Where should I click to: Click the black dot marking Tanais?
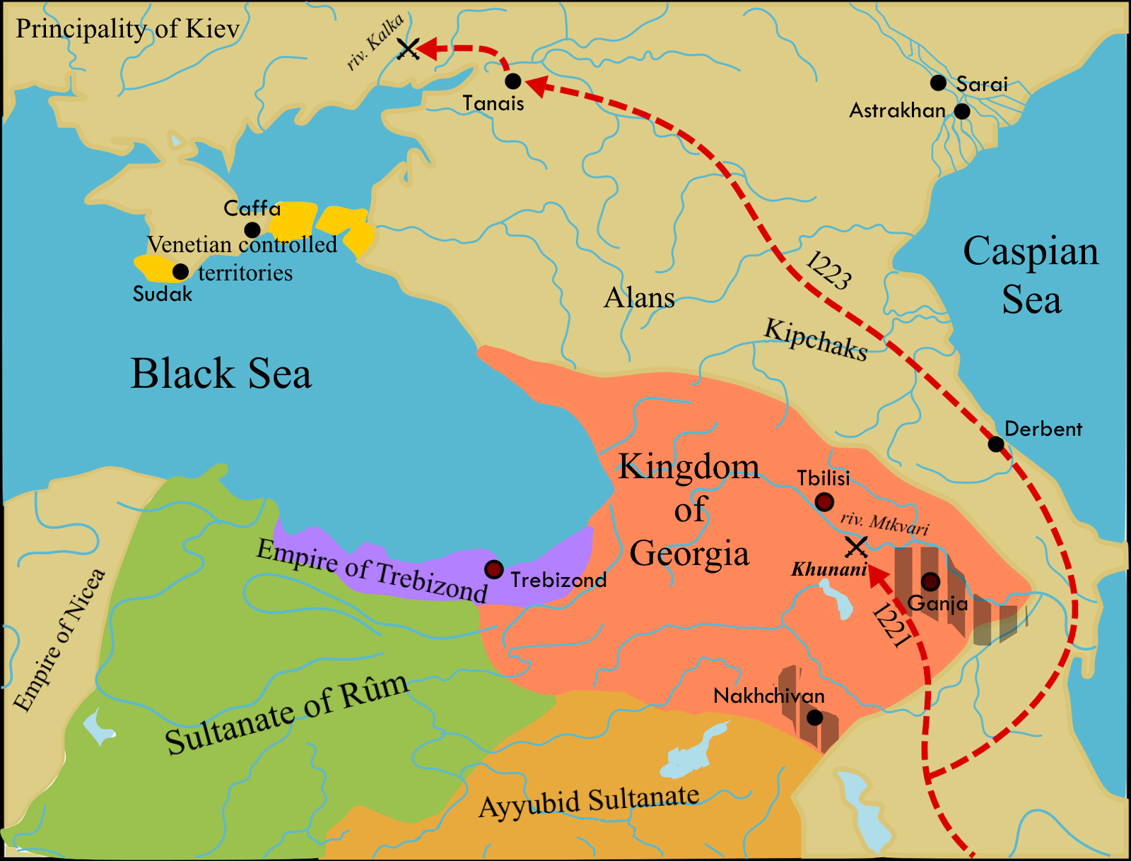pos(513,81)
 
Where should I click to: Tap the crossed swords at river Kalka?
pos(409,49)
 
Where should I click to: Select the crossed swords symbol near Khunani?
pos(856,547)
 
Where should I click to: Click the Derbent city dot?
pos(995,444)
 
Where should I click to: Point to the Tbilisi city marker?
pos(824,503)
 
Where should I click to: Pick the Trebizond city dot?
pos(493,569)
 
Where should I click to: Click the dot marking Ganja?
pos(930,581)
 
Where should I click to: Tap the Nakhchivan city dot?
pos(814,718)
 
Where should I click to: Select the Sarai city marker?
pos(938,83)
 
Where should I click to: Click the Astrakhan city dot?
pos(962,112)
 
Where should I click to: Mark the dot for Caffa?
pos(252,230)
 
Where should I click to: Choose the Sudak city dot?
pos(180,272)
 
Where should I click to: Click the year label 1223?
pos(828,270)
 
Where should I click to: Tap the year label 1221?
pos(891,625)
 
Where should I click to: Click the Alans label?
pos(639,298)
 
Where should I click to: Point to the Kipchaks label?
pos(815,340)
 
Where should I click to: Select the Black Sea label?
pos(221,374)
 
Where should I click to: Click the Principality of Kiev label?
pos(128,29)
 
